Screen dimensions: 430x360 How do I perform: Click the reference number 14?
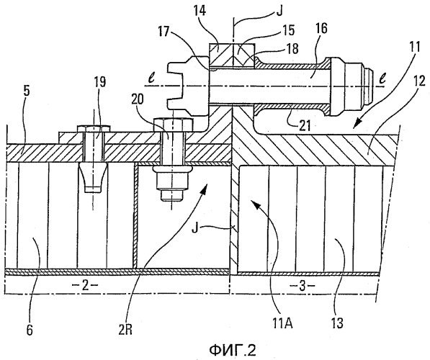point(201,12)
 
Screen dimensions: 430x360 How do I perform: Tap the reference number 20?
point(137,100)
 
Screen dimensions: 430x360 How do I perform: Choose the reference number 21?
point(303,126)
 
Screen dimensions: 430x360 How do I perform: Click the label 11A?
point(282,324)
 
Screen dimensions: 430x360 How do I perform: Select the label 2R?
point(125,330)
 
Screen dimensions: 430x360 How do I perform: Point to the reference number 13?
point(337,324)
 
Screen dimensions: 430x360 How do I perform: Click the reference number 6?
point(30,330)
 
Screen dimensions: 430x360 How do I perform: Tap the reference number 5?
point(27,91)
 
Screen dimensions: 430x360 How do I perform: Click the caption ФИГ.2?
point(232,350)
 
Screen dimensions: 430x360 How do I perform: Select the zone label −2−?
point(85,285)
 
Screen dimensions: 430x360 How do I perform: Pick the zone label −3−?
point(302,287)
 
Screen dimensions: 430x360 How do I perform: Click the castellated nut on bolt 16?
point(188,86)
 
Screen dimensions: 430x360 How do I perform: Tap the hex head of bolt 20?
point(174,125)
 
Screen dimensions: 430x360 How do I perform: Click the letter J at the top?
point(279,12)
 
